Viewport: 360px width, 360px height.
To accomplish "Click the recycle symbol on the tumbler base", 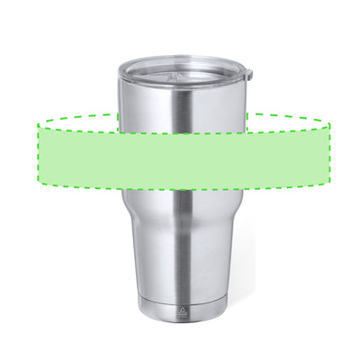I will coord(184,306).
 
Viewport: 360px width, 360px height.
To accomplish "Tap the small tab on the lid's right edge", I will coord(248,73).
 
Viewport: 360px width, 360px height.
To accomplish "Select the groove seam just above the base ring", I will coord(184,294).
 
